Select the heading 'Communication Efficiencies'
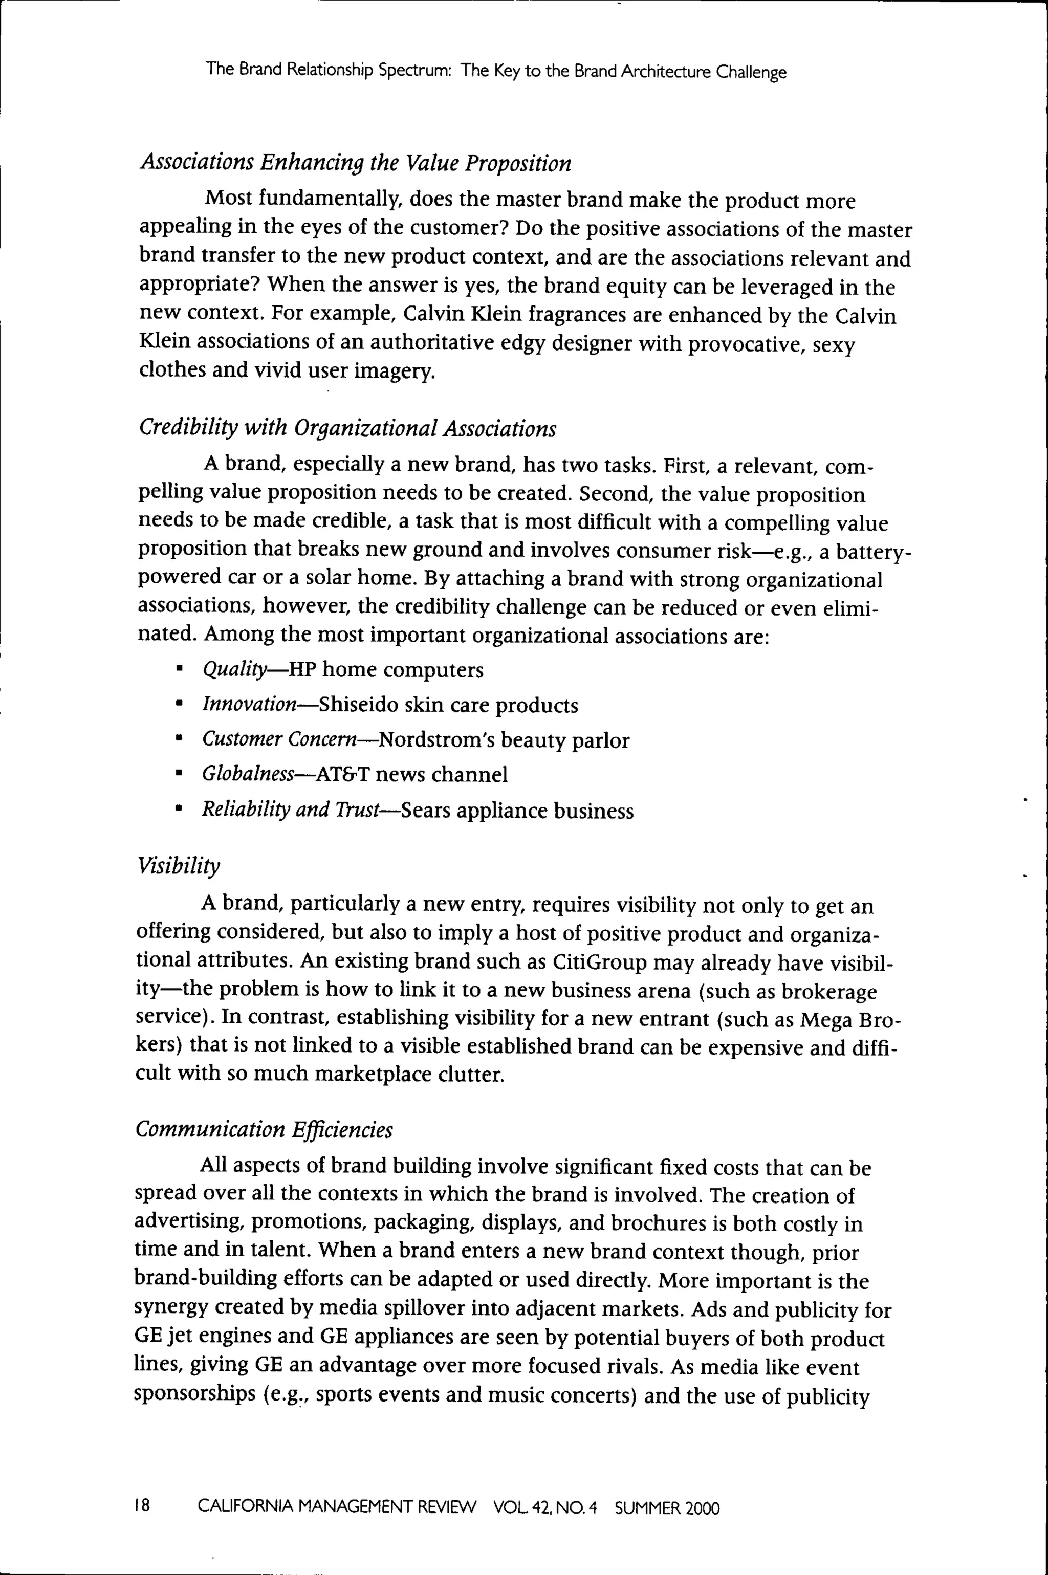(x=264, y=1130)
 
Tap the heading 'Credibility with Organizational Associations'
(x=347, y=428)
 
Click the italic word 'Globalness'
(x=248, y=775)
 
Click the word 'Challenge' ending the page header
(x=751, y=72)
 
